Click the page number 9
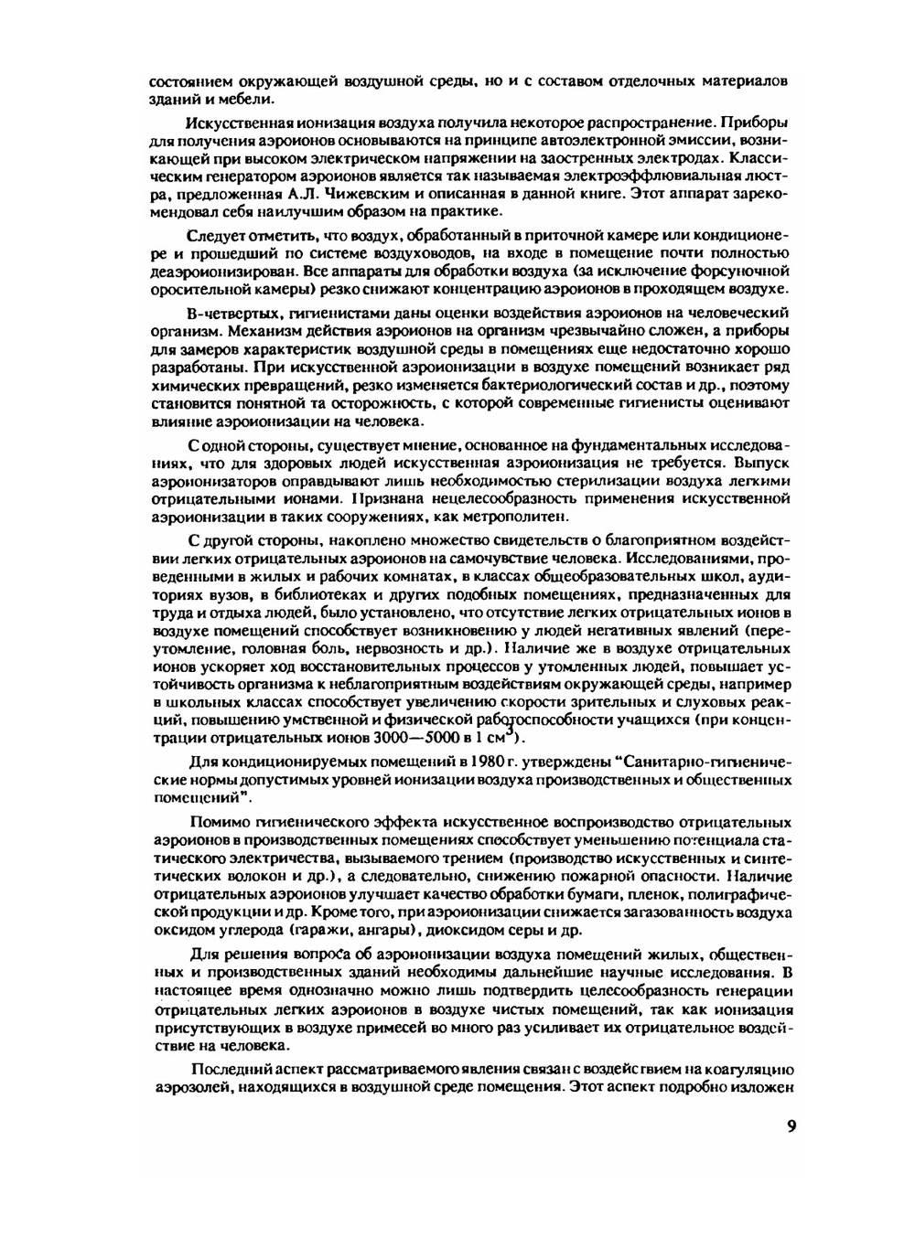coord(791,1125)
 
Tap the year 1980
coord(495,762)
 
